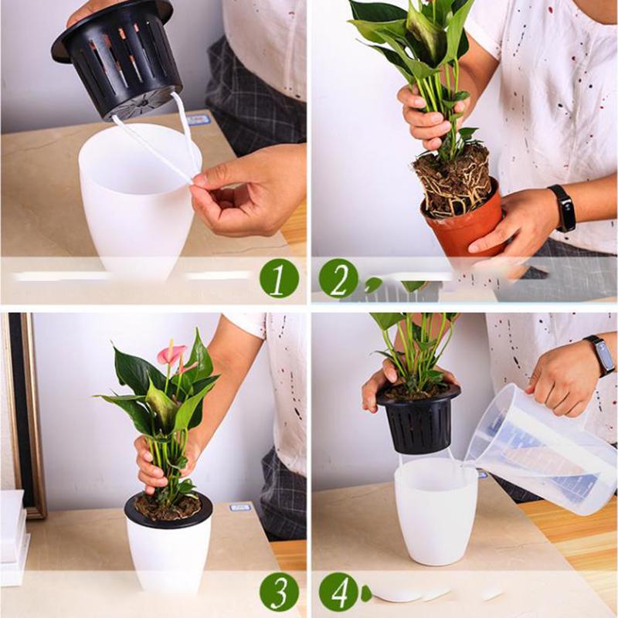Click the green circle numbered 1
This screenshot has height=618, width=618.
278,278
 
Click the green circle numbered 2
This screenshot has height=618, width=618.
338,278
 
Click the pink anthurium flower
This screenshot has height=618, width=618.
171,354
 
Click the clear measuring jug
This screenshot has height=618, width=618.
541,448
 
